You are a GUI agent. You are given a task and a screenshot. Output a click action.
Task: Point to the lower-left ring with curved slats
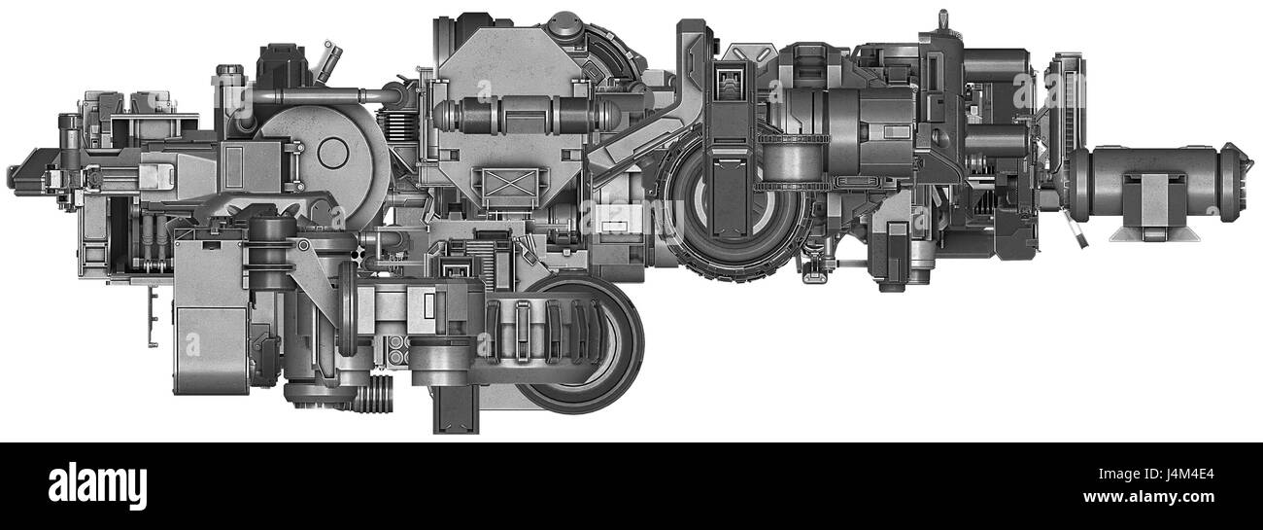pos(573,340)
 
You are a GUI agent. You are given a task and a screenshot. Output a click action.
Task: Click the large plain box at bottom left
pos(209,340)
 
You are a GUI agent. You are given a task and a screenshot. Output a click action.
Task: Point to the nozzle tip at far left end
pos(14,176)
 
